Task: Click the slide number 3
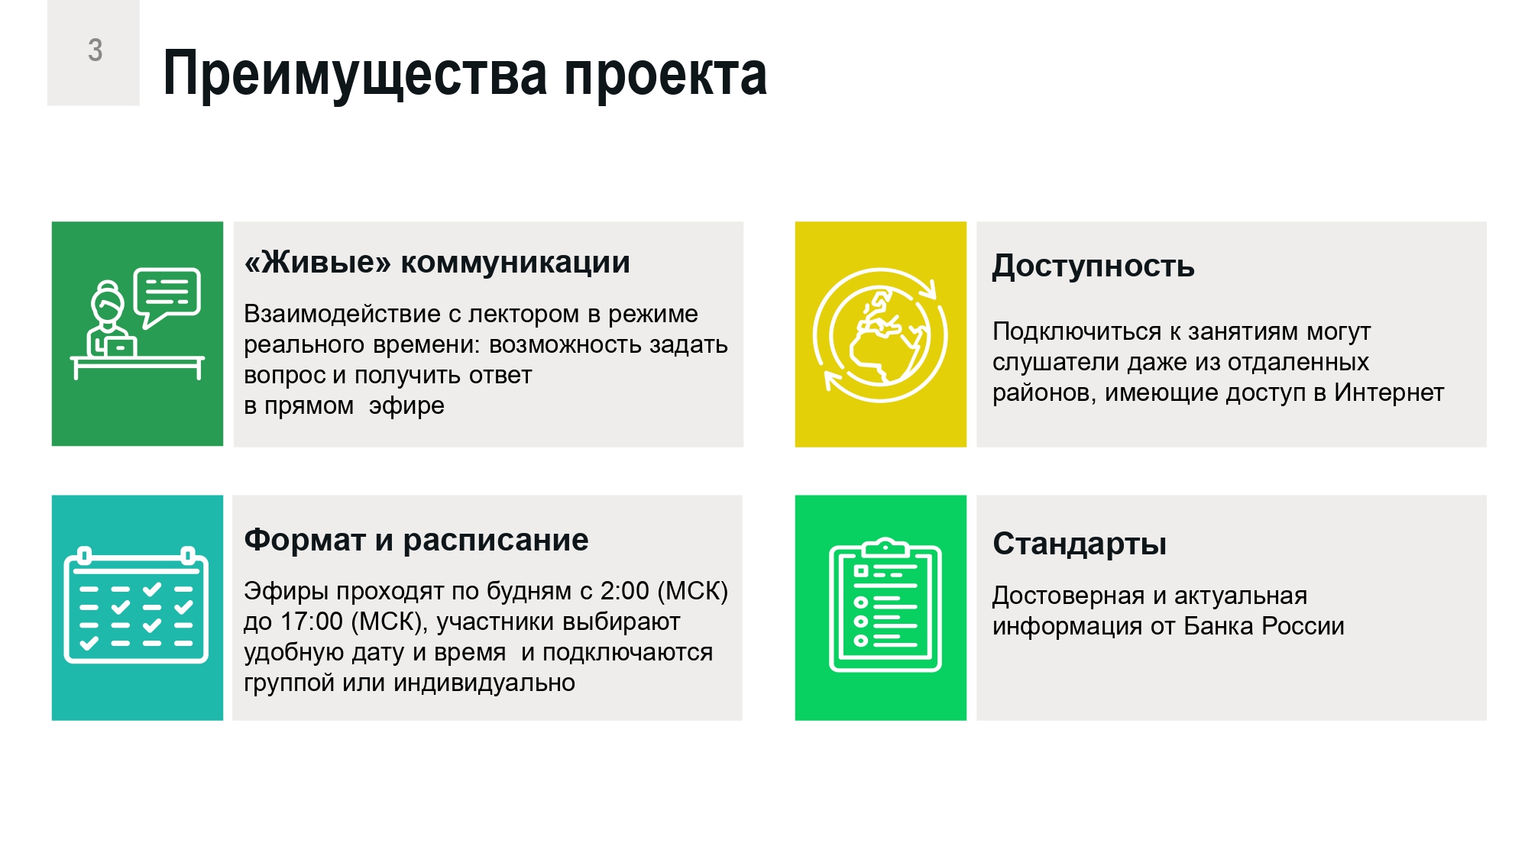tap(95, 50)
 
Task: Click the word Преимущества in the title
tap(355, 75)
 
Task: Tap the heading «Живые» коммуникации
tap(437, 262)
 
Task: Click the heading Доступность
tap(1093, 266)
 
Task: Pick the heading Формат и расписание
tap(416, 540)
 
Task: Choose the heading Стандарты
tap(1080, 544)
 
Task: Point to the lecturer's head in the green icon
tap(108, 302)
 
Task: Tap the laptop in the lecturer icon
tap(119, 347)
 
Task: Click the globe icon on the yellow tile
tap(880, 335)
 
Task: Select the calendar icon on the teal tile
tap(136, 605)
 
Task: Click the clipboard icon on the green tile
tap(885, 605)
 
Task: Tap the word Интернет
tap(1389, 392)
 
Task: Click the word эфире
tap(406, 406)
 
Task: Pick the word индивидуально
tap(484, 683)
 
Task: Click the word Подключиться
tap(1077, 332)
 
